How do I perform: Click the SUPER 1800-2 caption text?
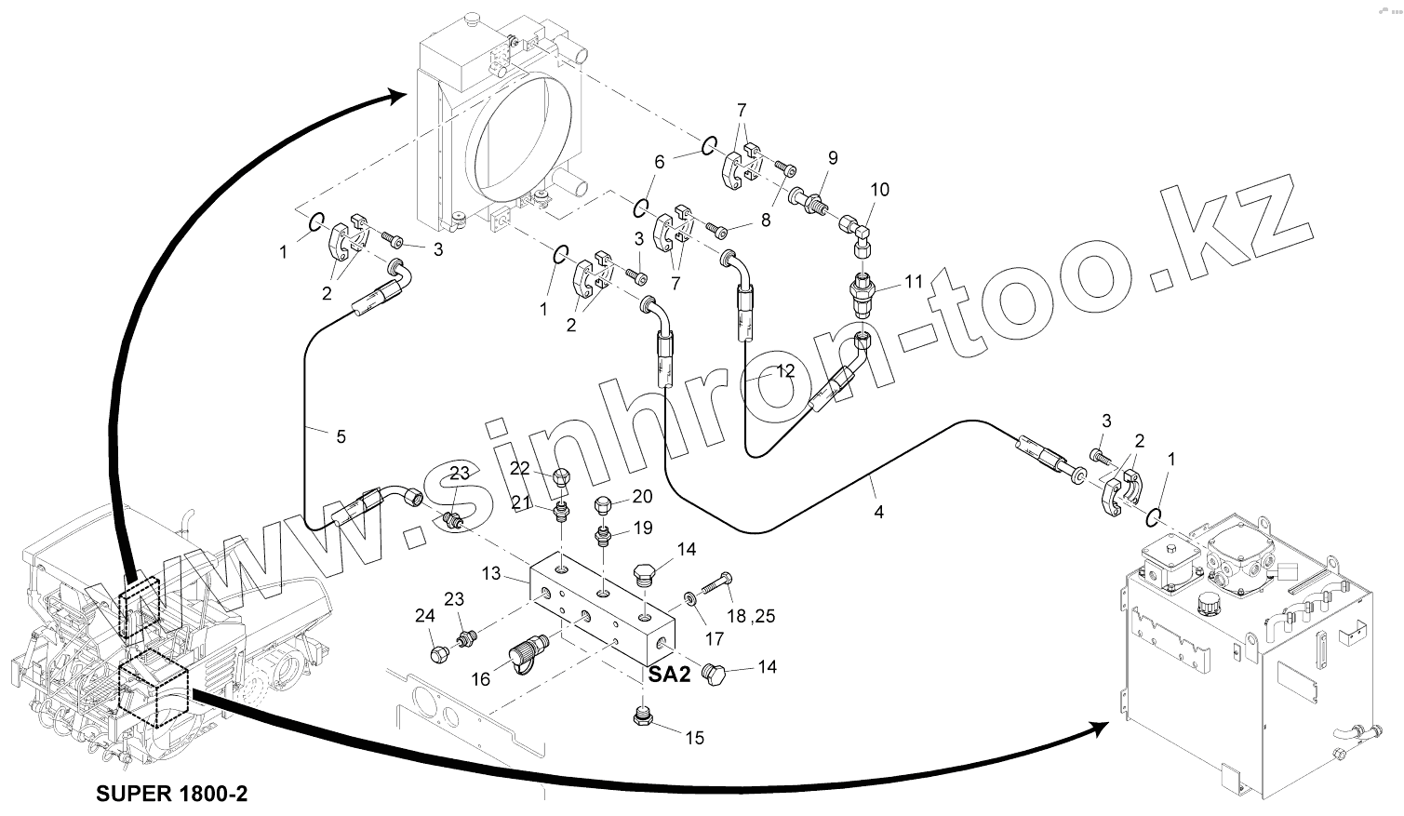click(x=172, y=794)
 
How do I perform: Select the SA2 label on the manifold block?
click(x=669, y=676)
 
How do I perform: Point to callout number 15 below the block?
click(x=695, y=738)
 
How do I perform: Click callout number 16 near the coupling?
click(x=480, y=679)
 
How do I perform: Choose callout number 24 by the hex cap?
click(x=424, y=615)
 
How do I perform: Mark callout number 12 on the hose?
click(x=784, y=370)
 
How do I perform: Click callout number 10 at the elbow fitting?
click(x=879, y=190)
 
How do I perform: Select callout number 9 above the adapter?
click(x=832, y=158)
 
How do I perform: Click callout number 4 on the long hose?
click(x=877, y=512)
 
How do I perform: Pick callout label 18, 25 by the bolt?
click(x=749, y=615)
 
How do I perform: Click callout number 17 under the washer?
click(x=714, y=639)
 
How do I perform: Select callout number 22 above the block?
click(x=519, y=468)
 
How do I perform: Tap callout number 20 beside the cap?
click(x=642, y=496)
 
